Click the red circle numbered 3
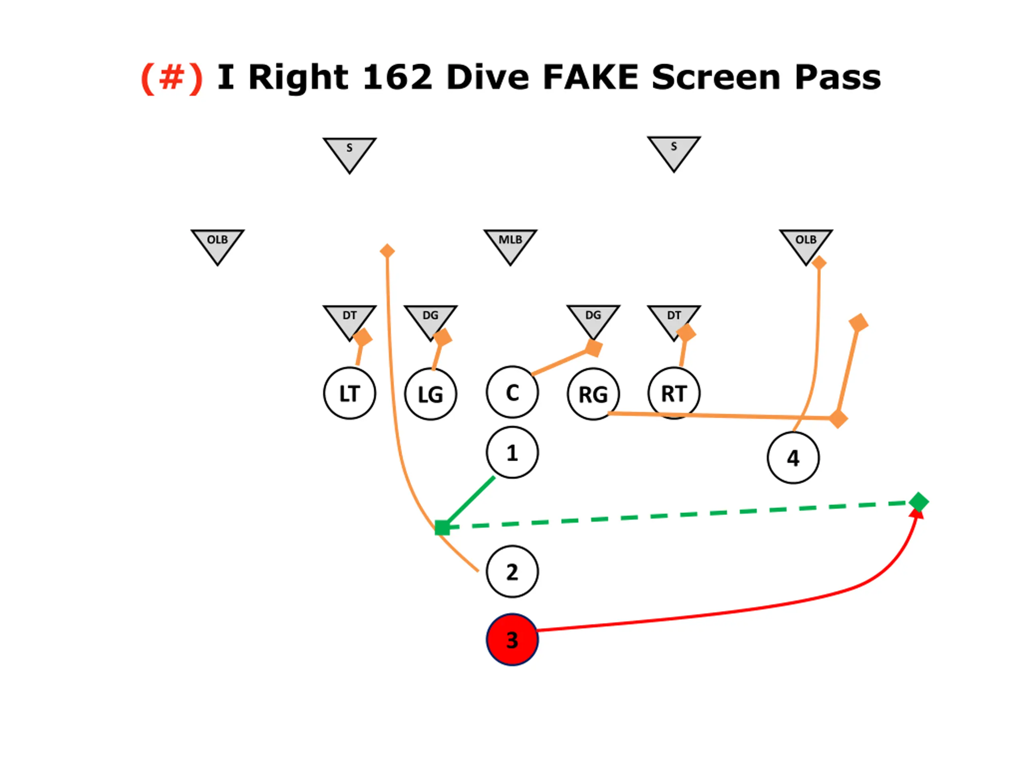[x=512, y=640]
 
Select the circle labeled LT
[x=349, y=393]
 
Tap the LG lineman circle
[x=431, y=394]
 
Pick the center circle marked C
[x=512, y=392]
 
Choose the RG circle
[x=593, y=394]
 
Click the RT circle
[x=674, y=393]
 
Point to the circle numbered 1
[x=512, y=452]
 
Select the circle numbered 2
[x=512, y=571]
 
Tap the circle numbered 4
[x=793, y=458]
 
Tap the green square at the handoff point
[x=442, y=527]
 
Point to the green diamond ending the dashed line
[x=919, y=502]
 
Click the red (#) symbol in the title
[x=172, y=77]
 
